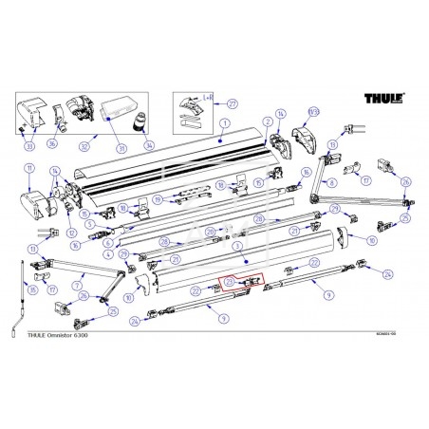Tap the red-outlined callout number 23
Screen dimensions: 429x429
pyautogui.click(x=229, y=283)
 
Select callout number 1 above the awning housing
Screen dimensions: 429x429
pyautogui.click(x=224, y=123)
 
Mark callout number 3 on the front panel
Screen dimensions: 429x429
pyautogui.click(x=245, y=256)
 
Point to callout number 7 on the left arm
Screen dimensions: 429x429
pyautogui.click(x=78, y=285)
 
